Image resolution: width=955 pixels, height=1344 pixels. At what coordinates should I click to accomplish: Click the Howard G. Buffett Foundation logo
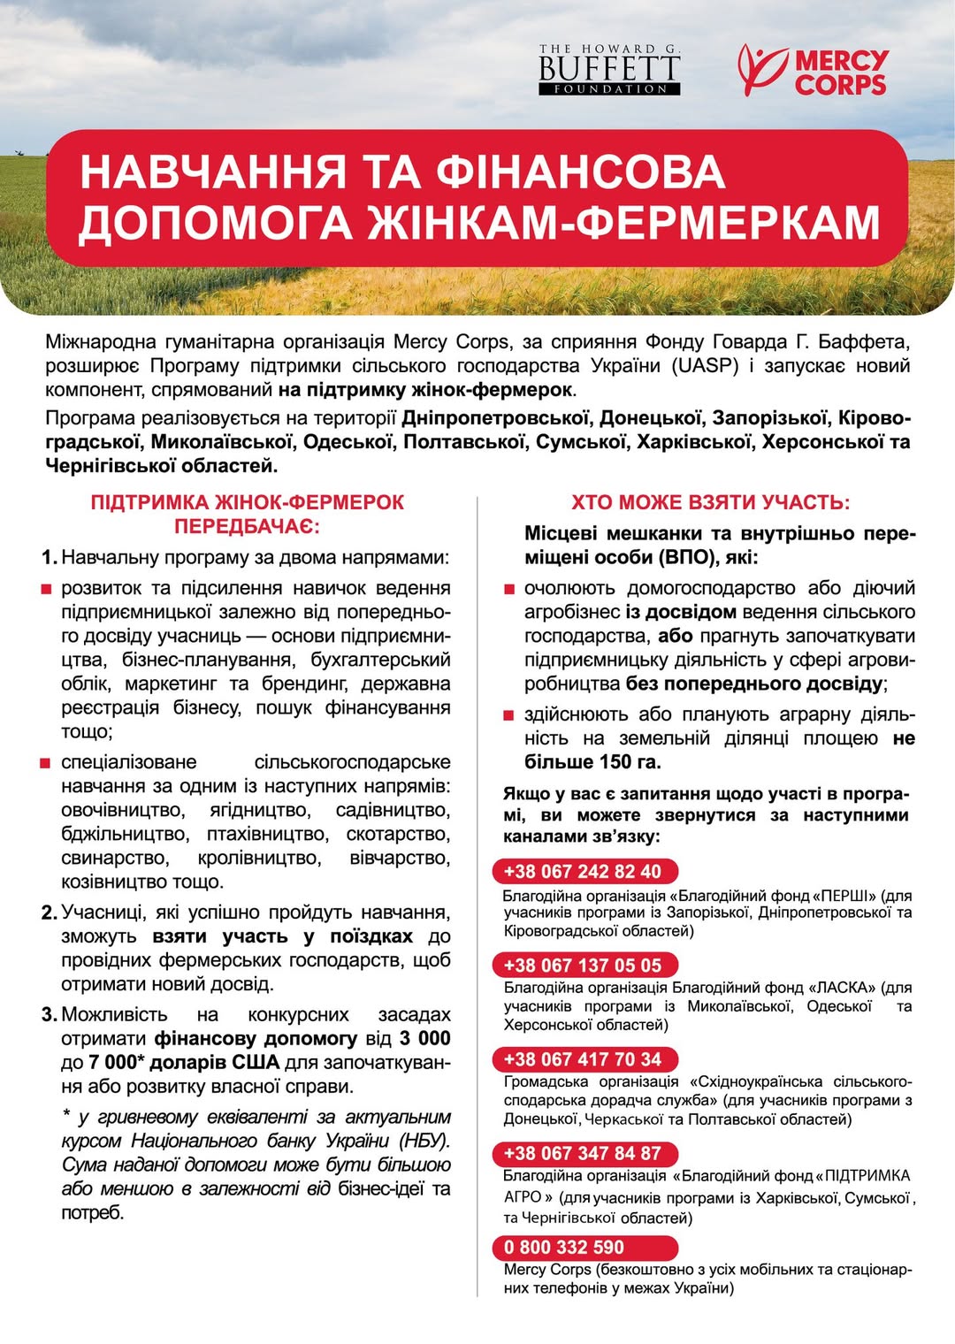(609, 69)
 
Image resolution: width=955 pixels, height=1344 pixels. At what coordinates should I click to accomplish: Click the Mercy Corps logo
(812, 71)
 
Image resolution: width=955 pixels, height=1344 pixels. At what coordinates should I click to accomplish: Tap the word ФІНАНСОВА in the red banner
(580, 172)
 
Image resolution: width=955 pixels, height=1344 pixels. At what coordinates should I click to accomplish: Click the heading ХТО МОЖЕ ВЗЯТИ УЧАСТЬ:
(710, 503)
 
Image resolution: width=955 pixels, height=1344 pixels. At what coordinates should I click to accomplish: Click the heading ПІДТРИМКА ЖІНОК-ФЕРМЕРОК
(247, 503)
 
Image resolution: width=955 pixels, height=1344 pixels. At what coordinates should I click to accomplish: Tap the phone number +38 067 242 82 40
(582, 872)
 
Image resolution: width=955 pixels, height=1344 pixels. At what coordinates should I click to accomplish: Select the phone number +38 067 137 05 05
(582, 966)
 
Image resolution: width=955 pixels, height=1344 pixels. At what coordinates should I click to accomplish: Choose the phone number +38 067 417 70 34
(582, 1059)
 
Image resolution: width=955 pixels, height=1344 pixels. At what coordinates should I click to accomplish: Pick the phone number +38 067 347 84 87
(582, 1154)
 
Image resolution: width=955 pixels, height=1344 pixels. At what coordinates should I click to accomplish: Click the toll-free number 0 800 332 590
(563, 1248)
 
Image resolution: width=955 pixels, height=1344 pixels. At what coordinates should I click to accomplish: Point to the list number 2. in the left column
(50, 913)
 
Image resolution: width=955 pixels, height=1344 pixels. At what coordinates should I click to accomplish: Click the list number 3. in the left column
(50, 1015)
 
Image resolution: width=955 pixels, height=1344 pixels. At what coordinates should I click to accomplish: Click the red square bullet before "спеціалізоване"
(47, 763)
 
